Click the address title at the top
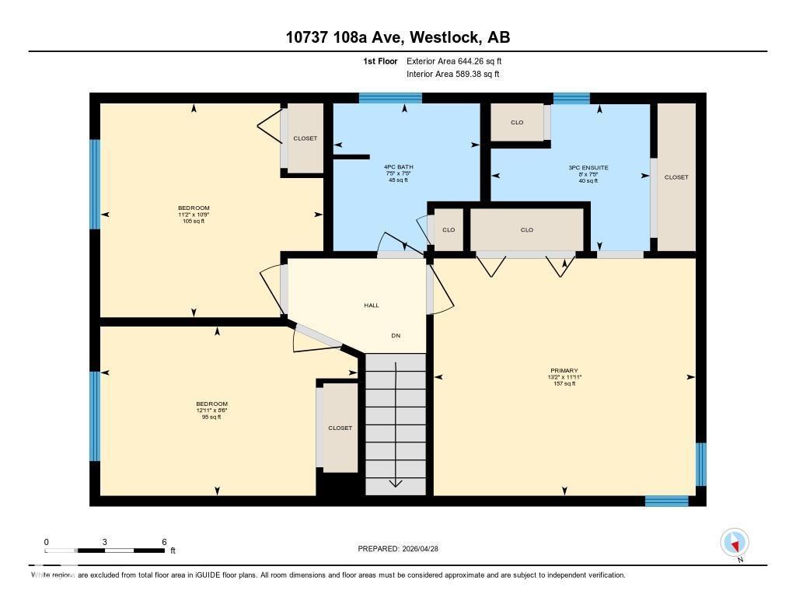click(397, 37)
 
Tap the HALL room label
click(372, 306)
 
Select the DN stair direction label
click(396, 336)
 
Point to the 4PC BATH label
click(396, 167)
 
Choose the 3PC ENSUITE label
click(588, 167)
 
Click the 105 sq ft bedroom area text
click(194, 221)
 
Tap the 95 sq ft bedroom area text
click(211, 417)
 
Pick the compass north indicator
click(735, 543)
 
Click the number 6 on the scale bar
click(164, 542)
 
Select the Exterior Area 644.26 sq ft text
click(459, 61)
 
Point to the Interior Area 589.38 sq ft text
click(452, 75)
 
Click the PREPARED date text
click(403, 549)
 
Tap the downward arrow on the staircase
click(396, 482)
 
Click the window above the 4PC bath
click(390, 98)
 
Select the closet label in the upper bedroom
click(305, 138)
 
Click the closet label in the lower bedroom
click(340, 428)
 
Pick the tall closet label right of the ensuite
click(676, 177)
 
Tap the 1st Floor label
click(380, 61)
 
